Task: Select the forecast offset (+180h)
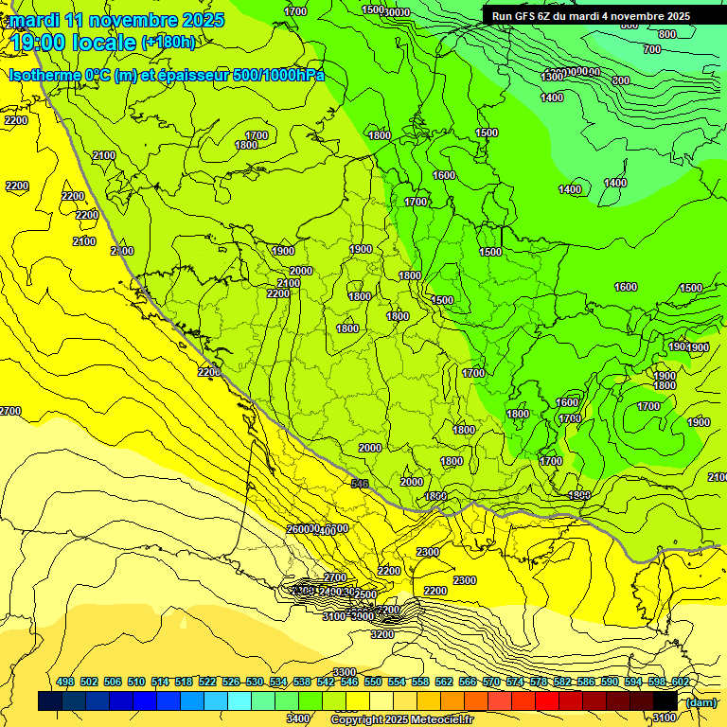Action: [x=168, y=43]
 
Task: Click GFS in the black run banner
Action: [x=528, y=16]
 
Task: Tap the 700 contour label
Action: [x=651, y=49]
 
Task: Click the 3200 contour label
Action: [x=382, y=634]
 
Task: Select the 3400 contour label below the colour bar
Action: [x=298, y=718]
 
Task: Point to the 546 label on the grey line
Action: [x=359, y=484]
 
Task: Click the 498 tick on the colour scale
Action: [x=65, y=682]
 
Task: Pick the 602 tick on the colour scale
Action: [x=681, y=682]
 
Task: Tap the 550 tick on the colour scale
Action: [x=373, y=682]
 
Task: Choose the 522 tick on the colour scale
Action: [x=207, y=682]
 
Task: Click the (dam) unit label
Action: [x=700, y=701]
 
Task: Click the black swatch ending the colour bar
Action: [x=665, y=701]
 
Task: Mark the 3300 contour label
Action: [x=345, y=672]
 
